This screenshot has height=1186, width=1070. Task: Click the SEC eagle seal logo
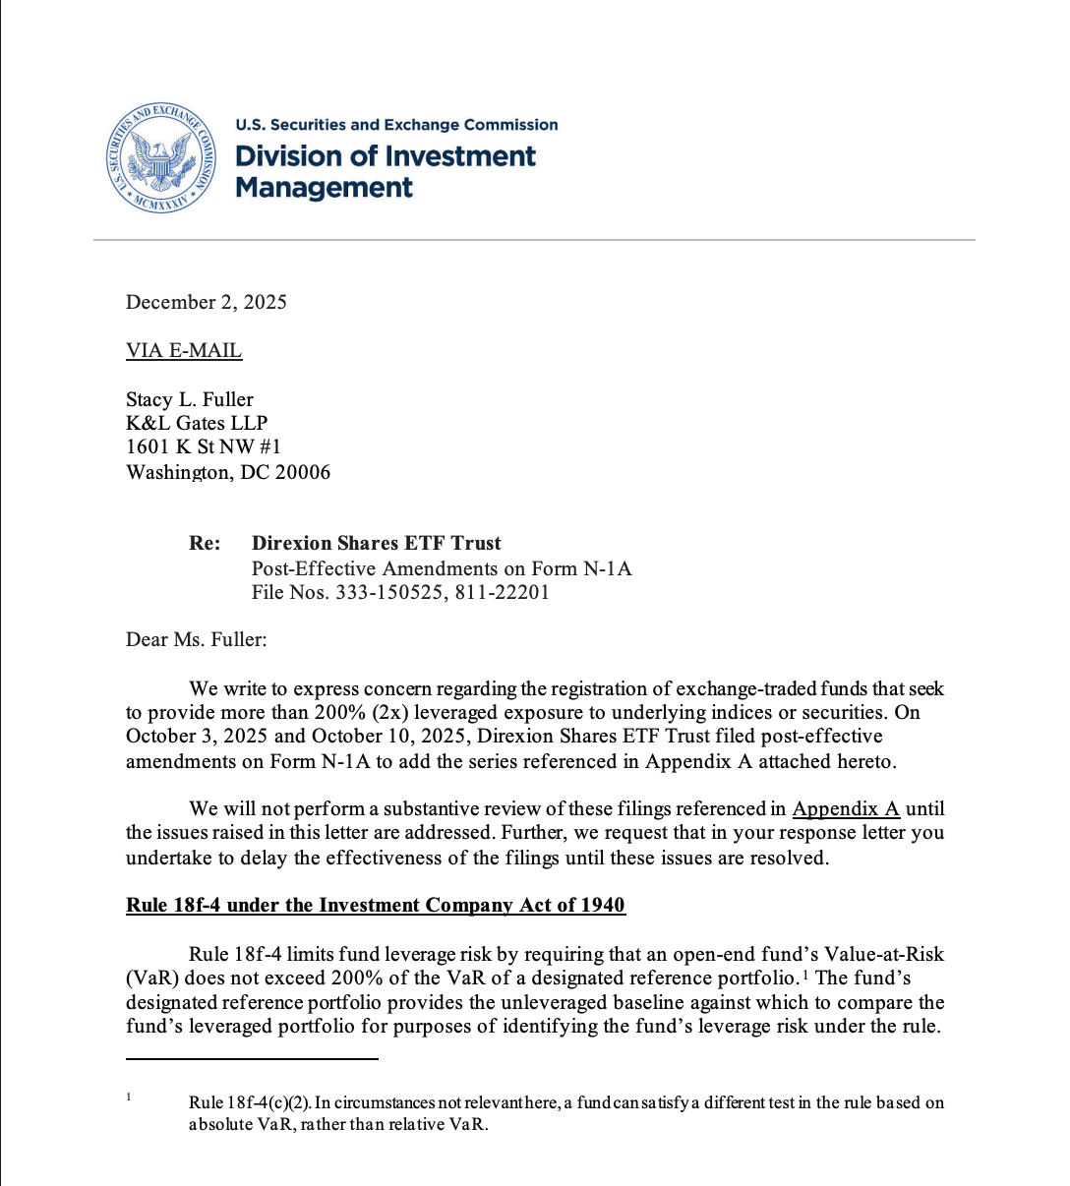[x=162, y=157]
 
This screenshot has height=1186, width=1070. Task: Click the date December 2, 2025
[x=206, y=302]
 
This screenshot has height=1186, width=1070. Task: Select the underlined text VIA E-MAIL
[x=183, y=350]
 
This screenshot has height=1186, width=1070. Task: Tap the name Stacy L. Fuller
[x=189, y=399]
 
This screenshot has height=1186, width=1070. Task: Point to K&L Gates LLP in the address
[x=196, y=423]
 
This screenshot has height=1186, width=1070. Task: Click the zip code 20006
[x=303, y=472]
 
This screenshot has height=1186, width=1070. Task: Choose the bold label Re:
[x=205, y=543]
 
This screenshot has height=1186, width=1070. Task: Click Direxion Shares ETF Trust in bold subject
[x=376, y=543]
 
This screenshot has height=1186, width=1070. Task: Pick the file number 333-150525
[x=386, y=592]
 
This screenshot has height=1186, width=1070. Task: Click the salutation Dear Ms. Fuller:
[x=196, y=639]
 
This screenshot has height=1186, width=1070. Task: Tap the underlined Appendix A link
[x=846, y=808]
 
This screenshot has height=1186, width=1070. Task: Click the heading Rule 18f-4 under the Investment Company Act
[x=375, y=905]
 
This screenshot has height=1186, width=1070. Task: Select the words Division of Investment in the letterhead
[x=385, y=156]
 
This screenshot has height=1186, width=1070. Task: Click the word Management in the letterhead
[x=324, y=187]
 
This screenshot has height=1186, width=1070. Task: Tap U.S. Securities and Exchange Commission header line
[x=396, y=125]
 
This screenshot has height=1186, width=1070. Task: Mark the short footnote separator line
[x=252, y=1059]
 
